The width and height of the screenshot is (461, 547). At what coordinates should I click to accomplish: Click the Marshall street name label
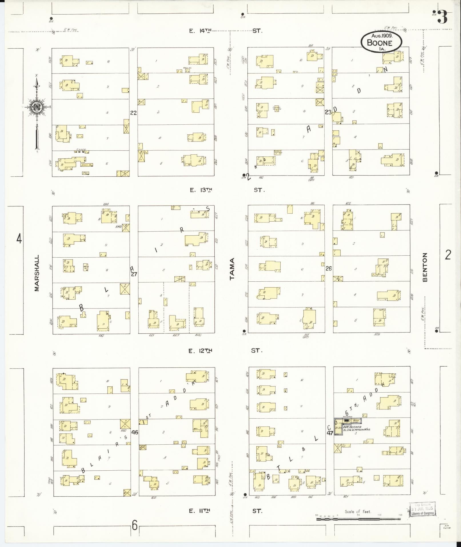pyautogui.click(x=37, y=273)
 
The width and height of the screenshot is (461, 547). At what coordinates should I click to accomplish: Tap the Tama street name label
pyautogui.click(x=232, y=268)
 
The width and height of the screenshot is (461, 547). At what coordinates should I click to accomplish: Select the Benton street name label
pyautogui.click(x=425, y=267)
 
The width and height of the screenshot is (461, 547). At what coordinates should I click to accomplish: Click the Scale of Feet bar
pyautogui.click(x=358, y=518)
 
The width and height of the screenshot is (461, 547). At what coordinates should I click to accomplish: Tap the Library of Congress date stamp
pyautogui.click(x=422, y=509)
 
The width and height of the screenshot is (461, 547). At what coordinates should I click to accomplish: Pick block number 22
pyautogui.click(x=133, y=113)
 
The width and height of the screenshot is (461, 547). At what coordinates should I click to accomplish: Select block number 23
pyautogui.click(x=328, y=112)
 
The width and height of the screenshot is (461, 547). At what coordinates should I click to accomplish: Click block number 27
pyautogui.click(x=134, y=274)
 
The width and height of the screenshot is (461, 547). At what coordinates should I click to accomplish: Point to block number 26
pyautogui.click(x=329, y=268)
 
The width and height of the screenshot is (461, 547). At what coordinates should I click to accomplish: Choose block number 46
pyautogui.click(x=135, y=432)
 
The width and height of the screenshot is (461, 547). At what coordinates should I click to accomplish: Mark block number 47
pyautogui.click(x=330, y=433)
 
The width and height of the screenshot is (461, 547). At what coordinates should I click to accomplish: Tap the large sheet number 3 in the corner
pyautogui.click(x=442, y=18)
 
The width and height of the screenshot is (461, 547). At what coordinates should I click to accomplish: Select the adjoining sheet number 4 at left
pyautogui.click(x=19, y=238)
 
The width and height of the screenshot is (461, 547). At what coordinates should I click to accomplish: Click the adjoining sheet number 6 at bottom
pyautogui.click(x=135, y=525)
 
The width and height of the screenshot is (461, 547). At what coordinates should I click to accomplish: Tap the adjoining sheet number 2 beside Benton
pyautogui.click(x=448, y=254)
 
